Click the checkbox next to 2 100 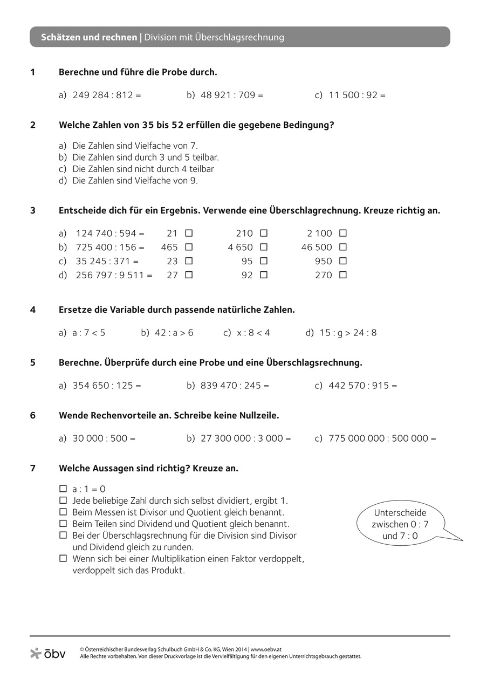tap(343, 234)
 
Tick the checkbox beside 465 tap(189, 248)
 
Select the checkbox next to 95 tap(264, 261)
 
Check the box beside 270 tap(343, 275)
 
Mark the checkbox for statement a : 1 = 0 tap(63, 489)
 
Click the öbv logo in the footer tap(48, 653)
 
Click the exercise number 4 tap(33, 310)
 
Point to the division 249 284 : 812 tap(106, 95)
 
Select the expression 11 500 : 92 tap(357, 95)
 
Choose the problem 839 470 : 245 tap(235, 386)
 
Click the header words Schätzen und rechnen tap(89, 38)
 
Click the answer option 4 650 tap(241, 248)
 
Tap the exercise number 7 tap(33, 468)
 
